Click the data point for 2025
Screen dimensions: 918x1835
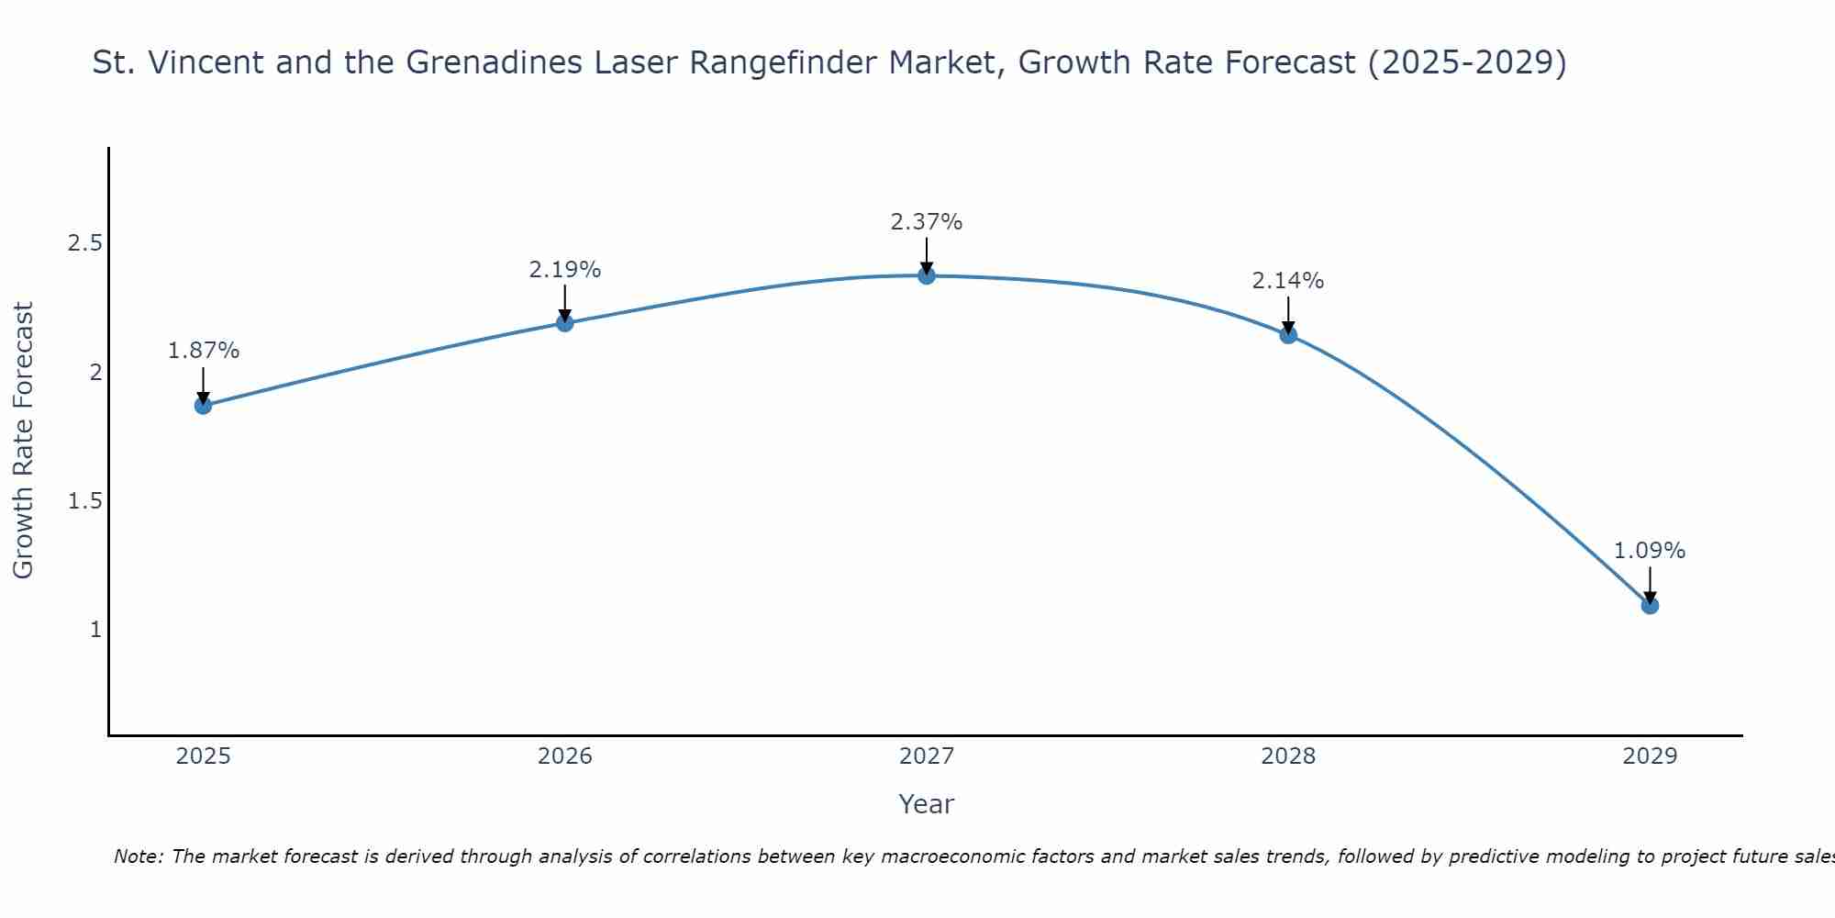click(x=203, y=405)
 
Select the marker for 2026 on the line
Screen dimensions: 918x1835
click(x=565, y=322)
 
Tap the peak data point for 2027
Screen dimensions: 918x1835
click(x=927, y=275)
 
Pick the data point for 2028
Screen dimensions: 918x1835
click(x=1288, y=334)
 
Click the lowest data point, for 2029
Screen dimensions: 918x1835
click(x=1650, y=605)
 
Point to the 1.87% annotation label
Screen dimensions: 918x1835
click(x=203, y=351)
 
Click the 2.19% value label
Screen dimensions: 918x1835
click(x=565, y=270)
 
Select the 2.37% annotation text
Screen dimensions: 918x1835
click(x=927, y=222)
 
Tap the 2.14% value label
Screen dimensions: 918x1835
click(x=1288, y=281)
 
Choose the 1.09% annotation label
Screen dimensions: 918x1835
click(x=1650, y=551)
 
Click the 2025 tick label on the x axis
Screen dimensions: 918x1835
click(x=203, y=756)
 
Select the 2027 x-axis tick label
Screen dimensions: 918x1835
click(x=927, y=756)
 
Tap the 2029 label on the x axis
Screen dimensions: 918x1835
click(x=1650, y=756)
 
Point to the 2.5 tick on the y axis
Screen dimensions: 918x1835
click(x=84, y=243)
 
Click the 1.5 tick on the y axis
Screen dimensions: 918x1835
click(x=84, y=501)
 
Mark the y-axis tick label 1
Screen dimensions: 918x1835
click(x=95, y=630)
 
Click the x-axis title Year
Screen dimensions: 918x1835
click(x=927, y=804)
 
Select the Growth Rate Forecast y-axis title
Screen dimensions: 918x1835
click(x=23, y=441)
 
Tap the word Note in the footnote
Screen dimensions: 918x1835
click(x=138, y=856)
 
